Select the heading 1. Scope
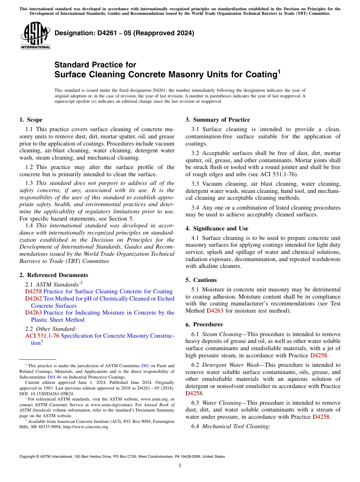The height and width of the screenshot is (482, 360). pyautogui.click(x=31, y=120)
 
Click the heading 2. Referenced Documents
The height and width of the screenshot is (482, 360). pyautogui.click(x=53, y=275)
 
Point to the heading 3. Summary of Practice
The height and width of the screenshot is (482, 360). pyautogui.click(x=218, y=120)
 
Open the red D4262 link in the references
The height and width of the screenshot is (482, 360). pyautogui.click(x=33, y=299)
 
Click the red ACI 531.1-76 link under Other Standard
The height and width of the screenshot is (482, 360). pyautogui.click(x=42, y=336)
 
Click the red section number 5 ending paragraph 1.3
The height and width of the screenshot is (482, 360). pyautogui.click(x=131, y=219)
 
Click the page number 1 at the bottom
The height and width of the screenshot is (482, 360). pyautogui.click(x=180, y=466)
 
